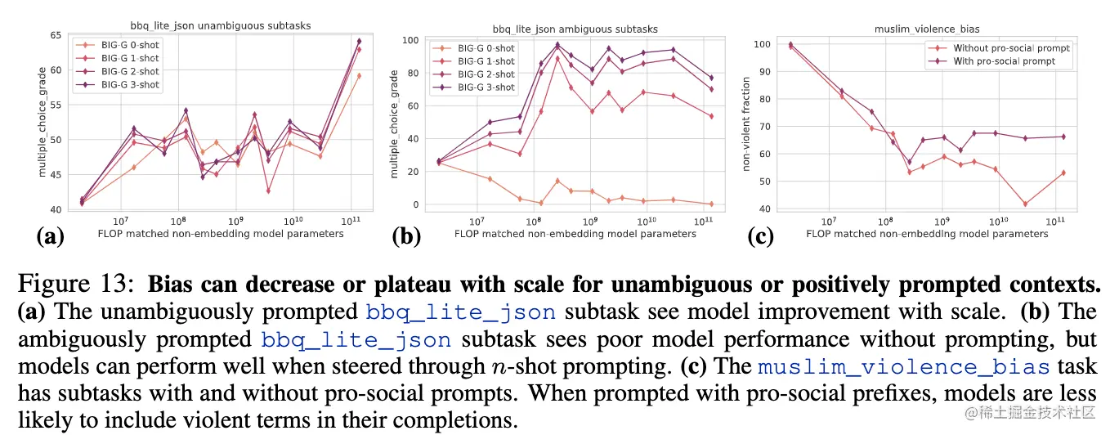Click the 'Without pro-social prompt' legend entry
1011,48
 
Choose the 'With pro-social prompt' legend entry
1004,61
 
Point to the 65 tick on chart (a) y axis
56,35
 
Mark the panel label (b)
405,237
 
